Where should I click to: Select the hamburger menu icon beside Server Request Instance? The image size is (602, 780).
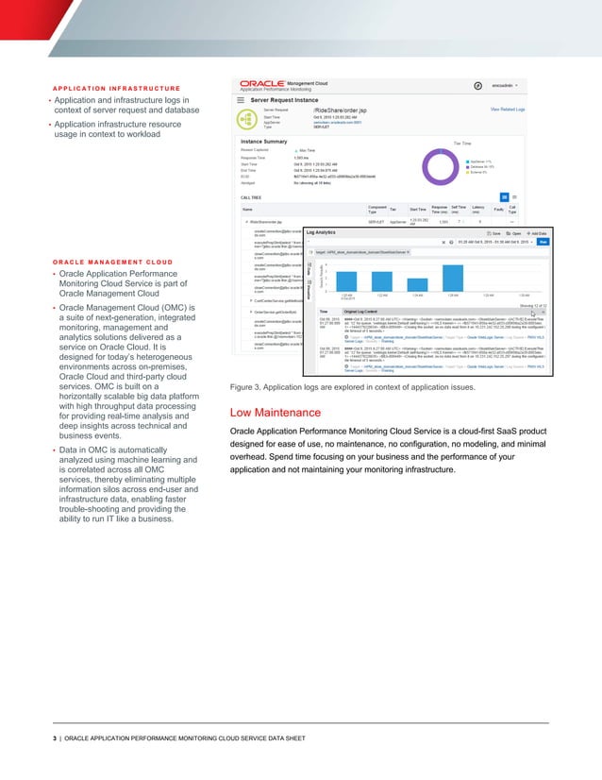(242, 98)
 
